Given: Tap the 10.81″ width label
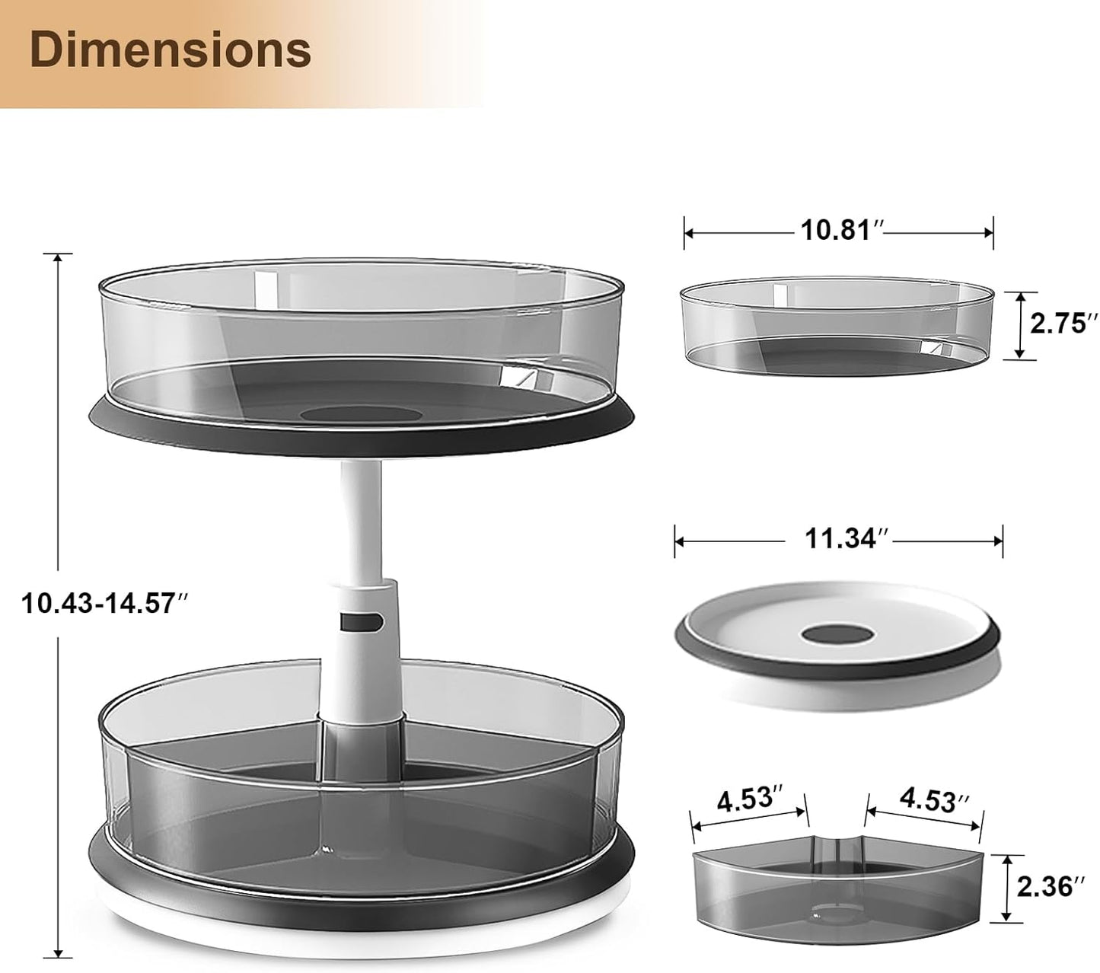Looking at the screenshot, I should click(840, 229).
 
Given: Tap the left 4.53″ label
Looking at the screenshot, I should click(749, 801).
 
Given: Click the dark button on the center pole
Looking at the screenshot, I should click(362, 623).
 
